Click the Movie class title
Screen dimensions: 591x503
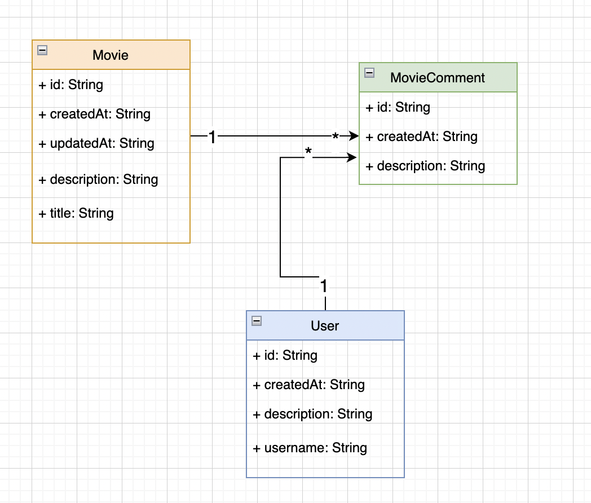click(x=111, y=55)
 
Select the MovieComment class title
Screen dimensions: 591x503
click(x=438, y=78)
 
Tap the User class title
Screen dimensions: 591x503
click(x=325, y=326)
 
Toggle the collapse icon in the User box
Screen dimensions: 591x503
click(x=257, y=321)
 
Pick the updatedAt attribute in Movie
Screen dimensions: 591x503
click(x=96, y=143)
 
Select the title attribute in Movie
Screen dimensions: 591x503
click(x=76, y=213)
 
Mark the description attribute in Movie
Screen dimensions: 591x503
click(x=98, y=179)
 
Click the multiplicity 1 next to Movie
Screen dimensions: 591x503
click(x=212, y=137)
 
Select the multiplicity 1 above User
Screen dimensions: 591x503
click(x=324, y=286)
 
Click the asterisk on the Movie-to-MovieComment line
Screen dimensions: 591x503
click(x=336, y=138)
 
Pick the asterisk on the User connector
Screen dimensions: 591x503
click(x=308, y=153)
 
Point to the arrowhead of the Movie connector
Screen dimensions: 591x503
click(x=354, y=136)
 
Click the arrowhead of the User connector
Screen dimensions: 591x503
click(x=353, y=158)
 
